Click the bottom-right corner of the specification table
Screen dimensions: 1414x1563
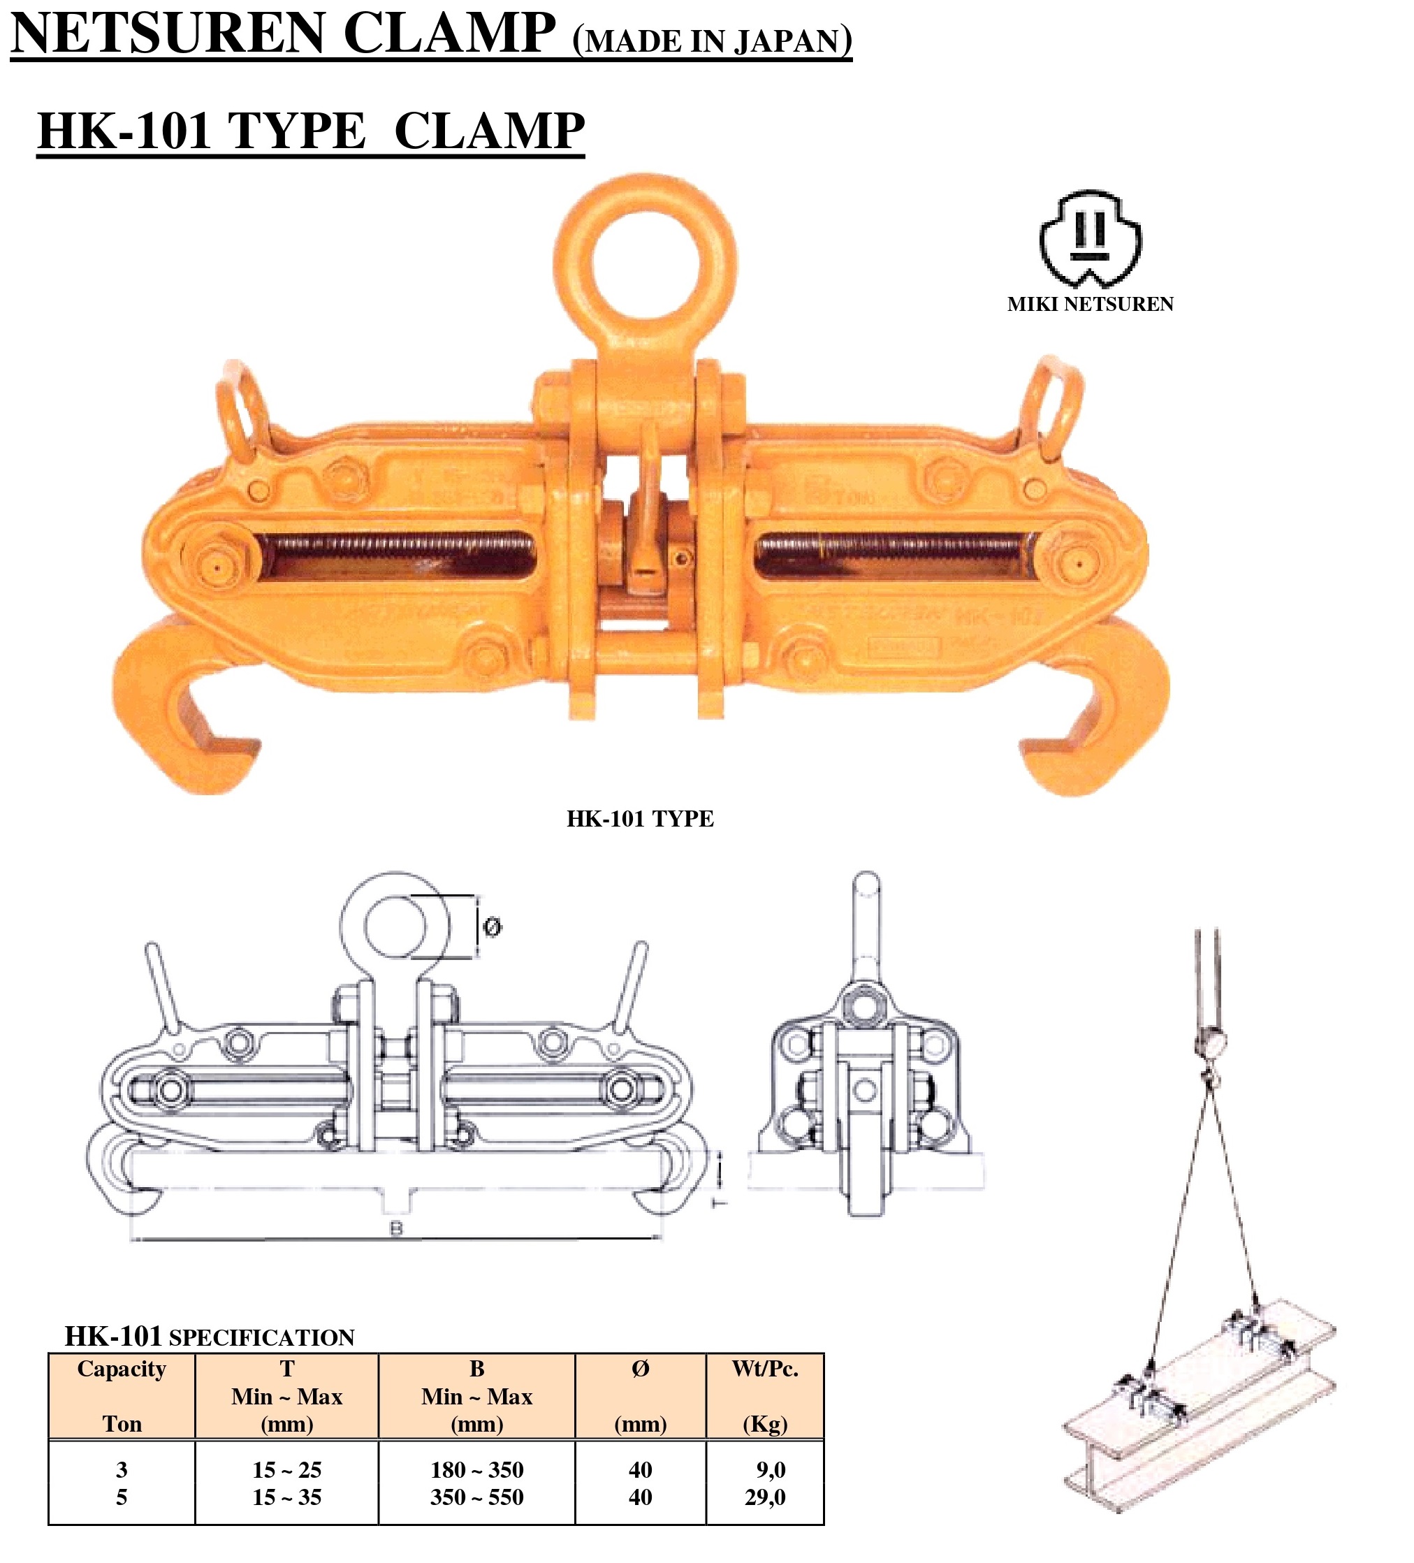click(x=823, y=1525)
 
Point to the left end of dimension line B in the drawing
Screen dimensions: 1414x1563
click(x=130, y=1239)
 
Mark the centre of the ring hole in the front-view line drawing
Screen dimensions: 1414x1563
click(x=395, y=926)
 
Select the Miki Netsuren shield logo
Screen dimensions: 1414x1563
click(x=1090, y=239)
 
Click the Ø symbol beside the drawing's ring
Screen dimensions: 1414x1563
click(x=493, y=926)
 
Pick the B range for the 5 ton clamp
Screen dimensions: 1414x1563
click(x=476, y=1497)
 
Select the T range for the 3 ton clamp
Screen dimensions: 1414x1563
click(x=287, y=1470)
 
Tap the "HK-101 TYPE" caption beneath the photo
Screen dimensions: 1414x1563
click(x=641, y=819)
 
